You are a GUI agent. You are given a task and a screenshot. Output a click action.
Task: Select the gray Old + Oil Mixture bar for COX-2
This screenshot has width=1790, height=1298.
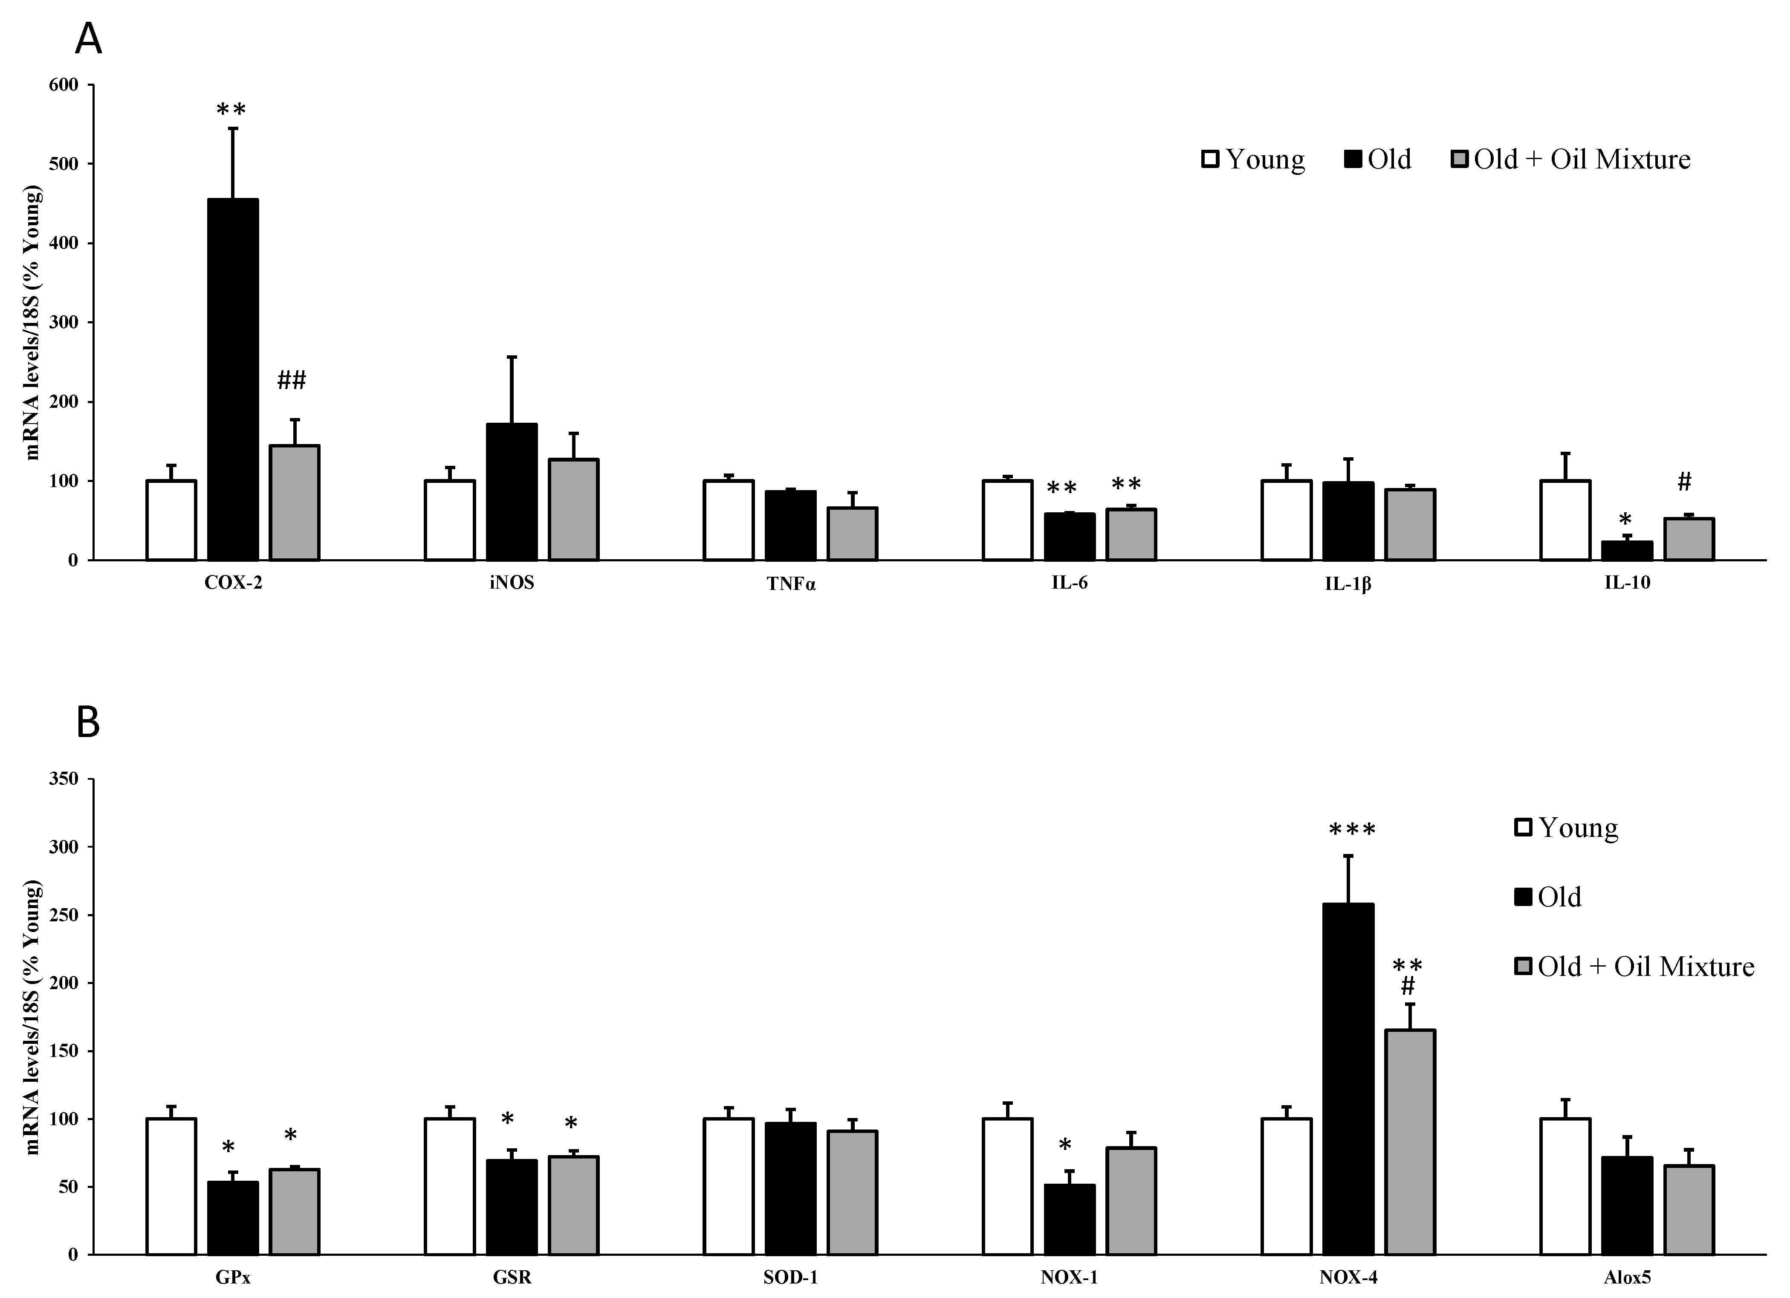click(295, 503)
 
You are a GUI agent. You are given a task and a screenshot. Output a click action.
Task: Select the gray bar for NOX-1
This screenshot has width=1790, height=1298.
click(1131, 1200)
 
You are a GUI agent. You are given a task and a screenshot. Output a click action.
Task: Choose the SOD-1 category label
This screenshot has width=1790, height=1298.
click(790, 1278)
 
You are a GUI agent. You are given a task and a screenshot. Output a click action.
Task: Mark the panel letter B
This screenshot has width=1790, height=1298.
click(88, 723)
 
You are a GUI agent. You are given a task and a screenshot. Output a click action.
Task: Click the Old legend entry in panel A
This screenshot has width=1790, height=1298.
click(1378, 160)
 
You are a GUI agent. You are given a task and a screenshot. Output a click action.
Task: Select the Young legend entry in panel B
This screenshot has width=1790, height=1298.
click(1567, 828)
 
